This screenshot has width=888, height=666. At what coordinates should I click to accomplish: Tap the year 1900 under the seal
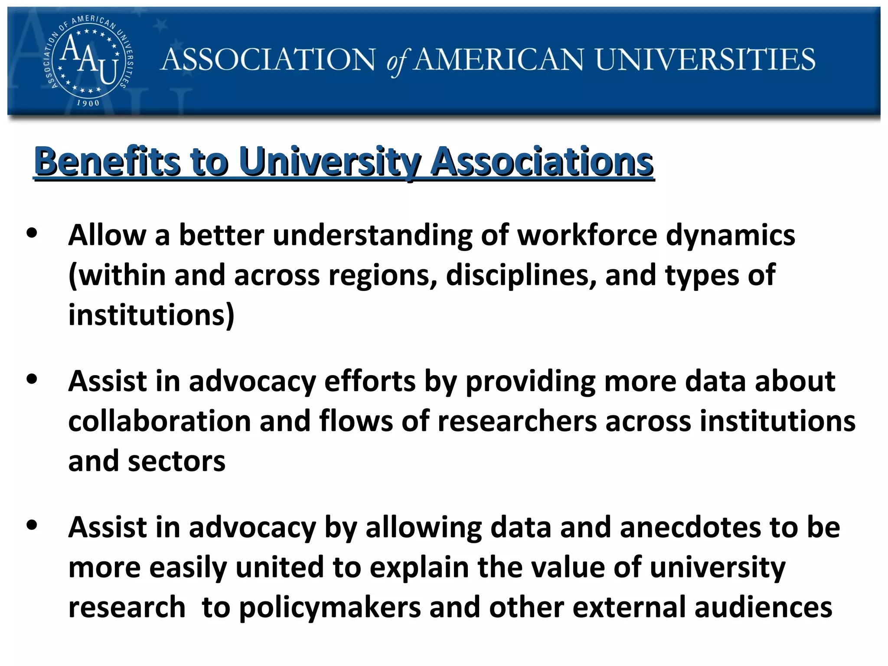(x=88, y=103)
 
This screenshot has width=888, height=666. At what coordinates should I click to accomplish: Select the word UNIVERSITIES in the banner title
(x=705, y=59)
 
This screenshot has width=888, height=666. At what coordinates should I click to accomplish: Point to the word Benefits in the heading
(x=107, y=161)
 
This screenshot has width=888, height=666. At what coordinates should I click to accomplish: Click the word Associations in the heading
(x=542, y=161)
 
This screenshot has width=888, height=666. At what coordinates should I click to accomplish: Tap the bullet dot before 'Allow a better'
(x=32, y=233)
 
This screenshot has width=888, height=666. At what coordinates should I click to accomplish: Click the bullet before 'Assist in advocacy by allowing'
(x=32, y=525)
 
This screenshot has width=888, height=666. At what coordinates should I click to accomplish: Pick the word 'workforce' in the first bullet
(x=588, y=235)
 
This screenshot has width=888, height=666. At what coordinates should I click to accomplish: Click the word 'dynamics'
(x=730, y=236)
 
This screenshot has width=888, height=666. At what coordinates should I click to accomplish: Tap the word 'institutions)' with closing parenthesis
(x=151, y=315)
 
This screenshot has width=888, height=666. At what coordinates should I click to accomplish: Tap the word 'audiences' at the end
(x=763, y=607)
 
